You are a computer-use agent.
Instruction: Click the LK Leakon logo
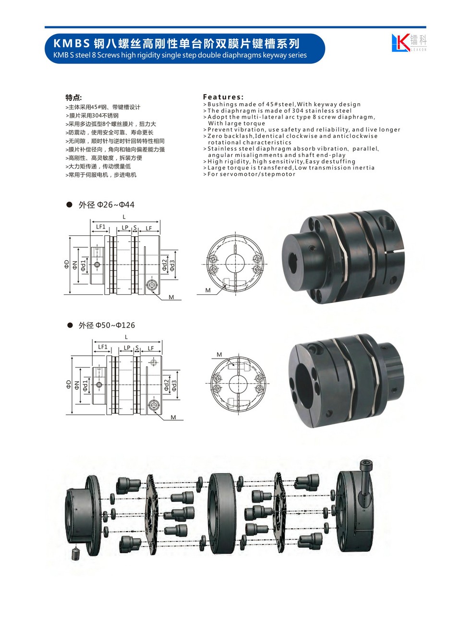coord(409,42)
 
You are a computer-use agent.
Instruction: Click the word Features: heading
coord(223,97)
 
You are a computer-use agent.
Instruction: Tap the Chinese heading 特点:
coord(73,97)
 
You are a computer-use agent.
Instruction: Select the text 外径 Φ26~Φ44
coord(106,205)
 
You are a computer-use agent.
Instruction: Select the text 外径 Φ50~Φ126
coord(107,325)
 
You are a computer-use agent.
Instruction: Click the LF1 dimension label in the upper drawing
coord(100,227)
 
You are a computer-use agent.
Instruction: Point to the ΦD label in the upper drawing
coord(67,264)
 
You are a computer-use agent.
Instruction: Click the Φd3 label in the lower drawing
coord(174,385)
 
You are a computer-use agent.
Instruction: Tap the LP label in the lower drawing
coord(127,348)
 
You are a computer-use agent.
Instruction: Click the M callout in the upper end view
coord(208,290)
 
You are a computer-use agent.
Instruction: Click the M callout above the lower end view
coord(219,355)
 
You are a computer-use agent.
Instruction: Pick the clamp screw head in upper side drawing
coord(152,286)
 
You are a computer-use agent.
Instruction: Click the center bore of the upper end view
coord(236,264)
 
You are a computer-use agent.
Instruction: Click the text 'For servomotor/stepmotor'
coord(251,174)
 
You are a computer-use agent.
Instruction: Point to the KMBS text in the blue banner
coord(71,44)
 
